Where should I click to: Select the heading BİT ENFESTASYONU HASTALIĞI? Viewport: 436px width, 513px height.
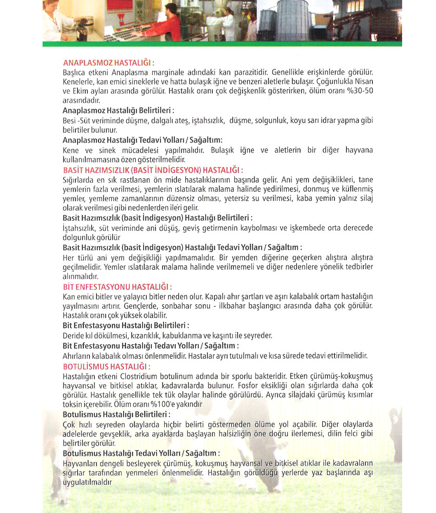[117, 287]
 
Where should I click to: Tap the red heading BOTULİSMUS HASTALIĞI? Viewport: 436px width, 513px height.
[106, 367]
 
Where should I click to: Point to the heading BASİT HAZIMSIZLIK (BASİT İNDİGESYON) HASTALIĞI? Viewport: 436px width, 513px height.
[152, 170]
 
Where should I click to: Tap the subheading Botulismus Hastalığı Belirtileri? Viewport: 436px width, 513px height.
[116, 413]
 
